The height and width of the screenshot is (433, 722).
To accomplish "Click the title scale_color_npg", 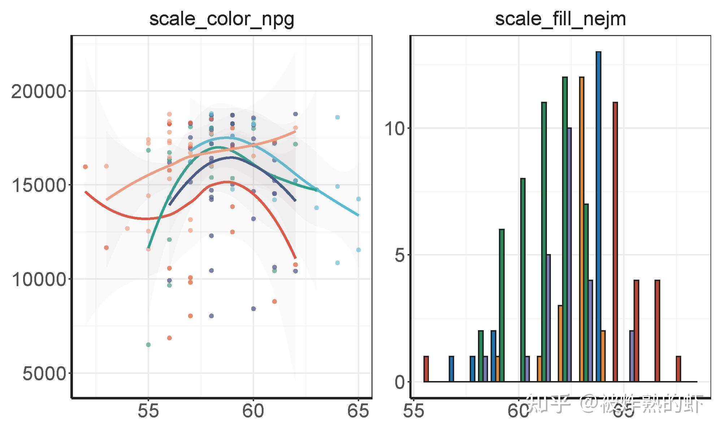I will pyautogui.click(x=222, y=19).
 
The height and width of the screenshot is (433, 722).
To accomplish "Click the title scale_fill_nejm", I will pyautogui.click(x=560, y=19).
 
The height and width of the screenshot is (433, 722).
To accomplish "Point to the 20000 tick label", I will pyautogui.click(x=39, y=92).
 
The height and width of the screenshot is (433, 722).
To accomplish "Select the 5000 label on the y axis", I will pyautogui.click(x=44, y=374).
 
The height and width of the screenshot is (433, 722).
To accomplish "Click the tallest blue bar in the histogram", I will pyautogui.click(x=599, y=216).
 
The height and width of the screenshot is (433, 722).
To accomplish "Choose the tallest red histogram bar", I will pyautogui.click(x=615, y=242).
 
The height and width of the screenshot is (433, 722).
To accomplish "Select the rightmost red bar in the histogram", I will pyautogui.click(x=678, y=369).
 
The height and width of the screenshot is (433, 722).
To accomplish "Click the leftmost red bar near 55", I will pyautogui.click(x=426, y=369).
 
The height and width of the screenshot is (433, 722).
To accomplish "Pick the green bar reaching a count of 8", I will pyautogui.click(x=523, y=280).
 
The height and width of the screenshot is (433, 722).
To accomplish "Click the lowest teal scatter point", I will pyautogui.click(x=148, y=345).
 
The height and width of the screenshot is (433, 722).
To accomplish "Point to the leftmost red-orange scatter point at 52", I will pyautogui.click(x=85, y=167).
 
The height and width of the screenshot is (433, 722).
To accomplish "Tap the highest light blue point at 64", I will pyautogui.click(x=338, y=117).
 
